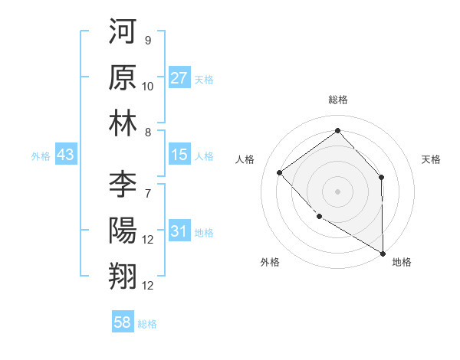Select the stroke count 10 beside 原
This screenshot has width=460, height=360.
148,87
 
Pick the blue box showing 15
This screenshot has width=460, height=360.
179,155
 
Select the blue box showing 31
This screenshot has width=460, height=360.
179,231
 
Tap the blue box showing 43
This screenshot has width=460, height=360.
66,155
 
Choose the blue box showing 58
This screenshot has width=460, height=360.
123,322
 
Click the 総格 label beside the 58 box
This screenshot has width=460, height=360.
147,324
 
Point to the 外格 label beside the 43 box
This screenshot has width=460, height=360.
41,155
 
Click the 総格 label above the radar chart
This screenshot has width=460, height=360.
337,100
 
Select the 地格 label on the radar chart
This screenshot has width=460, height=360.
402,262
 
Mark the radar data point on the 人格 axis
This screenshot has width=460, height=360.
280,172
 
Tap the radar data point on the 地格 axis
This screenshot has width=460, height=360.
383,253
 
